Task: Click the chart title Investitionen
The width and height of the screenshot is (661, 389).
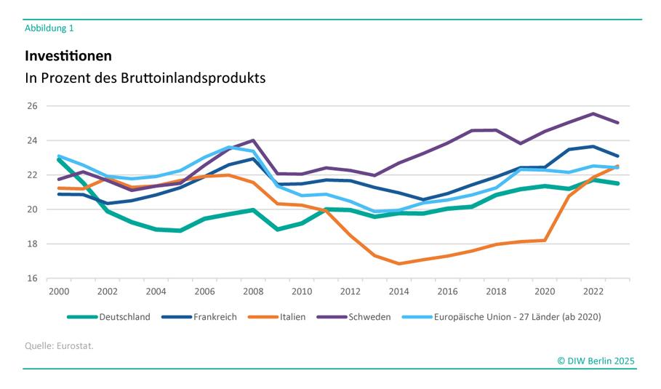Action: (x=68, y=56)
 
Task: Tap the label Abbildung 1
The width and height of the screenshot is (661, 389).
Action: (x=49, y=28)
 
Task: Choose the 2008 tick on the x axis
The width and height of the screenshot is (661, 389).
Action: (x=253, y=292)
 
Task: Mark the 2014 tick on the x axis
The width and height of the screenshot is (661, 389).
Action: (x=399, y=292)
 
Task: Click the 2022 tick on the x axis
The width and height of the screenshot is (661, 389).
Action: (x=593, y=292)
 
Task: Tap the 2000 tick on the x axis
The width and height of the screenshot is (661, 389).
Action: (x=59, y=292)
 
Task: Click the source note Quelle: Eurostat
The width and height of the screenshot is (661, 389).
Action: (x=59, y=345)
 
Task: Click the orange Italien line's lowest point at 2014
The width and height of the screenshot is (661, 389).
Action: (x=399, y=263)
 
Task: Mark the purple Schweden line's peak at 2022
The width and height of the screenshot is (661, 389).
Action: (x=593, y=113)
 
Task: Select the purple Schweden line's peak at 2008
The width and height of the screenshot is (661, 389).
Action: (x=253, y=140)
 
